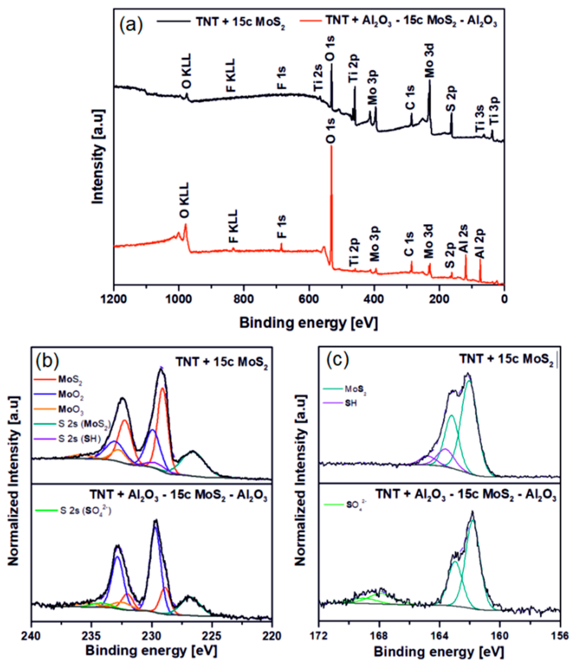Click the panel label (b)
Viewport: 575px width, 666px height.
[48, 361]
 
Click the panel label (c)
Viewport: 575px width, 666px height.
[337, 361]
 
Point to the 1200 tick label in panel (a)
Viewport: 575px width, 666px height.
[113, 299]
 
